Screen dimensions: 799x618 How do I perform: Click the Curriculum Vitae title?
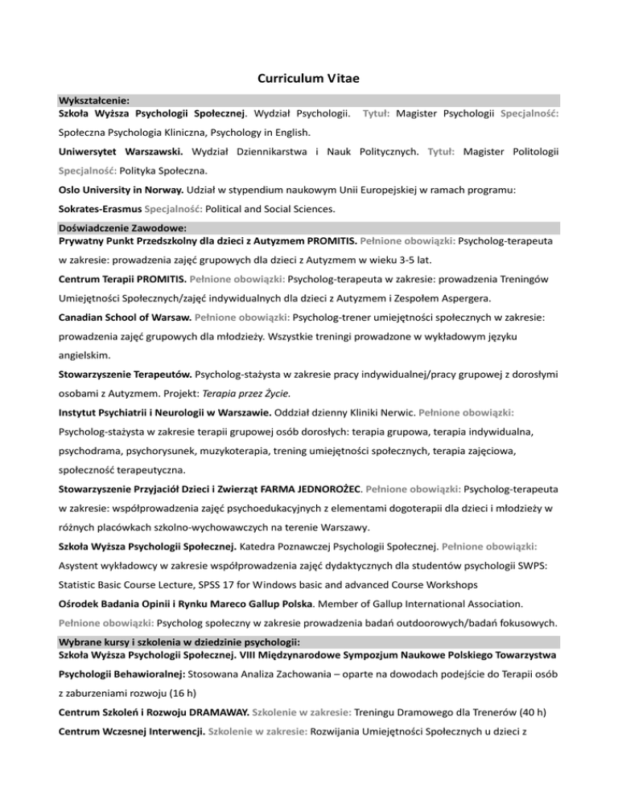[x=308, y=80]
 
